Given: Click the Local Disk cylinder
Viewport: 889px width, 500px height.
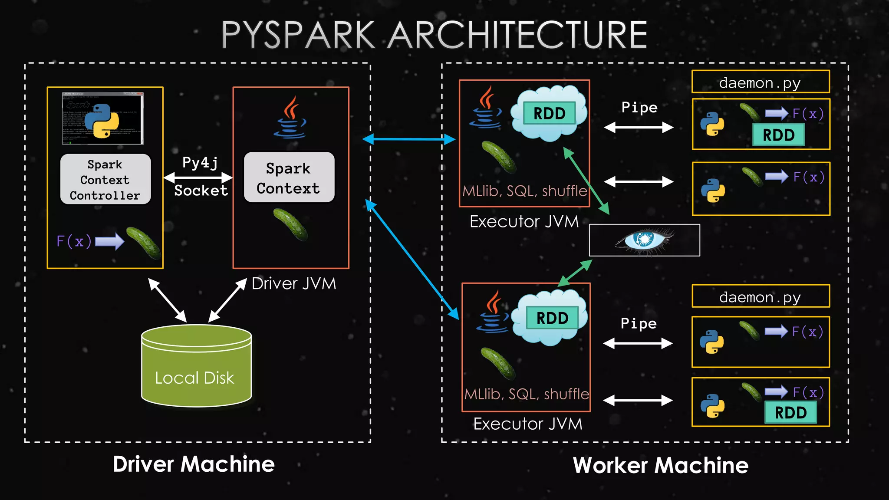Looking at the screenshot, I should (x=196, y=367).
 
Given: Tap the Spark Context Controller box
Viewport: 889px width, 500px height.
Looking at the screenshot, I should (x=105, y=179).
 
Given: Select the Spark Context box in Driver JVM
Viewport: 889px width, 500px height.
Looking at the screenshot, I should (x=289, y=178).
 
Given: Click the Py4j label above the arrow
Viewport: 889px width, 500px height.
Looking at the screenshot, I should (x=200, y=162).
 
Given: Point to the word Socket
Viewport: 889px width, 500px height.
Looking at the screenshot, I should (x=201, y=191).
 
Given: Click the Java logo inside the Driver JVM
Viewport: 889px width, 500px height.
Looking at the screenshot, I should (x=290, y=118).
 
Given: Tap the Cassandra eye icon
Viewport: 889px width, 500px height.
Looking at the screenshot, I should (x=644, y=240).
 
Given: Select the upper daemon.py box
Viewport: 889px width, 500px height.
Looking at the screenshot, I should (x=760, y=82).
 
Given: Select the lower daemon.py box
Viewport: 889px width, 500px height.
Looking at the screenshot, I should (x=760, y=296).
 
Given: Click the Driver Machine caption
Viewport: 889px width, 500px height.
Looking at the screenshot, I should (x=194, y=464).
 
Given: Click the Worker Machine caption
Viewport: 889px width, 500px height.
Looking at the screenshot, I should (x=660, y=465).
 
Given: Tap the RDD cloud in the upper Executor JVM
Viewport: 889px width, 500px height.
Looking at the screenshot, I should (x=549, y=113).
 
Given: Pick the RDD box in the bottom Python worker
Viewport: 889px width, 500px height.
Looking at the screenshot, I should (x=790, y=412).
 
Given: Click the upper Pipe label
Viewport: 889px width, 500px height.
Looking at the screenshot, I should (x=639, y=107).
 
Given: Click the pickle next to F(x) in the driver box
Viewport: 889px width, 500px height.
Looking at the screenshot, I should (x=143, y=243).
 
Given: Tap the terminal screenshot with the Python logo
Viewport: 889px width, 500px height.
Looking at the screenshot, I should (x=102, y=118).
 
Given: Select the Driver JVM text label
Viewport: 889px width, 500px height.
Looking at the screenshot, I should (x=293, y=283).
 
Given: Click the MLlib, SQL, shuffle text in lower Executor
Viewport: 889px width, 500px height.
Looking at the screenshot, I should (x=527, y=394).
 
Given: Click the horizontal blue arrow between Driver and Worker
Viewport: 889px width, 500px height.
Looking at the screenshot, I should (x=408, y=139).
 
